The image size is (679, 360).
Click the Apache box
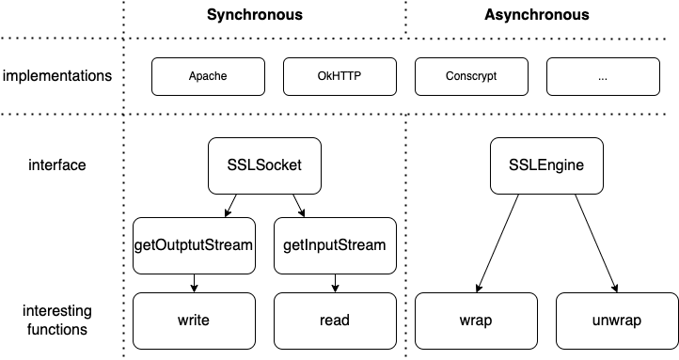pos(208,76)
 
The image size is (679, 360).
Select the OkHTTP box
pos(339,76)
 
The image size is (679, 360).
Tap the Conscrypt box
pos(471,76)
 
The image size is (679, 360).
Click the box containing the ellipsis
pos(603,76)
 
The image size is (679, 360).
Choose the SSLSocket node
pos(264,165)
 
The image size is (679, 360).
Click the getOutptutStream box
pos(194,245)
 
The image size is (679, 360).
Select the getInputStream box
pos(334,245)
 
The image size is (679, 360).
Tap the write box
pos(194,321)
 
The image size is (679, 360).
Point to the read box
pos(334,321)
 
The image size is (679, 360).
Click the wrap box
pos(476,321)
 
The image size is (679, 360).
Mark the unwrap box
pos(617,321)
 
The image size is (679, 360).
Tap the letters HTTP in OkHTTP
pos(346,76)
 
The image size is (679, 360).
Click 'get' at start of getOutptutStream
pos(146,245)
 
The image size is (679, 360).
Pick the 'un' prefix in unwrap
pos(601,321)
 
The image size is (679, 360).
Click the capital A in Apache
pos(192,76)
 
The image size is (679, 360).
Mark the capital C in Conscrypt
pos(450,76)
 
